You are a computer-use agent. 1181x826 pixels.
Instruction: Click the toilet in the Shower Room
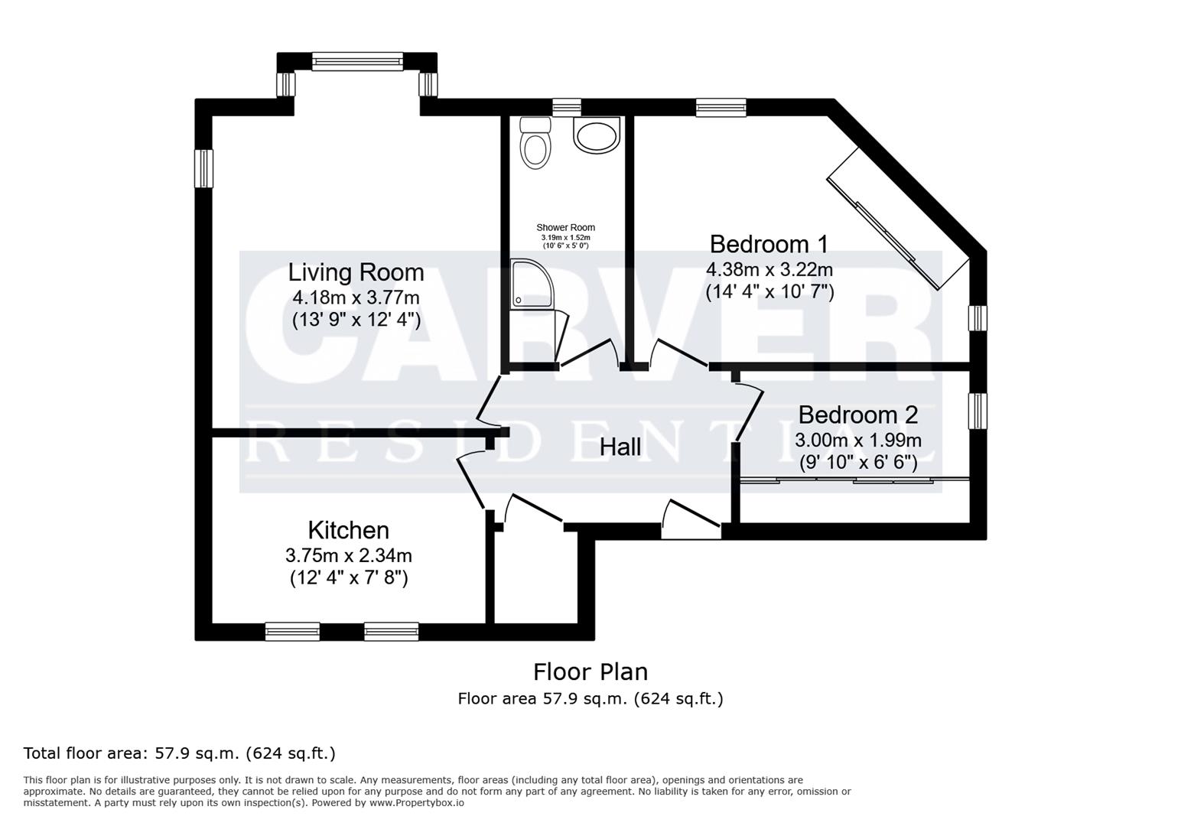pyautogui.click(x=535, y=143)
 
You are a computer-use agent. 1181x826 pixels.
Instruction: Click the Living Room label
pyautogui.click(x=356, y=272)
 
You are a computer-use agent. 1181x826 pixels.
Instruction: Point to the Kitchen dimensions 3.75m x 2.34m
pyautogui.click(x=348, y=555)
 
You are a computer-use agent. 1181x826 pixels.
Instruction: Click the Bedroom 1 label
pyautogui.click(x=769, y=244)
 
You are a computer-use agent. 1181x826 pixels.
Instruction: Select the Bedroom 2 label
pyautogui.click(x=857, y=415)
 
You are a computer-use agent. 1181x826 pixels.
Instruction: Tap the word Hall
pyautogui.click(x=620, y=447)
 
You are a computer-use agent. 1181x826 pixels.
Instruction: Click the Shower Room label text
pyautogui.click(x=565, y=227)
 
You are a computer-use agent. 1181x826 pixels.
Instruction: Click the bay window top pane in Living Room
pyautogui.click(x=357, y=62)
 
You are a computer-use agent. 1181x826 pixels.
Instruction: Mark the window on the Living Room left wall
pyautogui.click(x=203, y=168)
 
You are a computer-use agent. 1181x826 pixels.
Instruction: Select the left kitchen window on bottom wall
pyautogui.click(x=292, y=632)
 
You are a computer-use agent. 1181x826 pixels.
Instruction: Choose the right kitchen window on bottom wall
pyautogui.click(x=392, y=632)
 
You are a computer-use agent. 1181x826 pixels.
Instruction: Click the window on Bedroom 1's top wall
pyautogui.click(x=721, y=108)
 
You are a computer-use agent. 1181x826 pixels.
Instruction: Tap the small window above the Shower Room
pyautogui.click(x=567, y=107)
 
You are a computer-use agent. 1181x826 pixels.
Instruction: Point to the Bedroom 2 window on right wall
pyautogui.click(x=978, y=411)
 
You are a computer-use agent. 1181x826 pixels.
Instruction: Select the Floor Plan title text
pyautogui.click(x=590, y=672)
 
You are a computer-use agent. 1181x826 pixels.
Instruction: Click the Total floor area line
pyautogui.click(x=180, y=753)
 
